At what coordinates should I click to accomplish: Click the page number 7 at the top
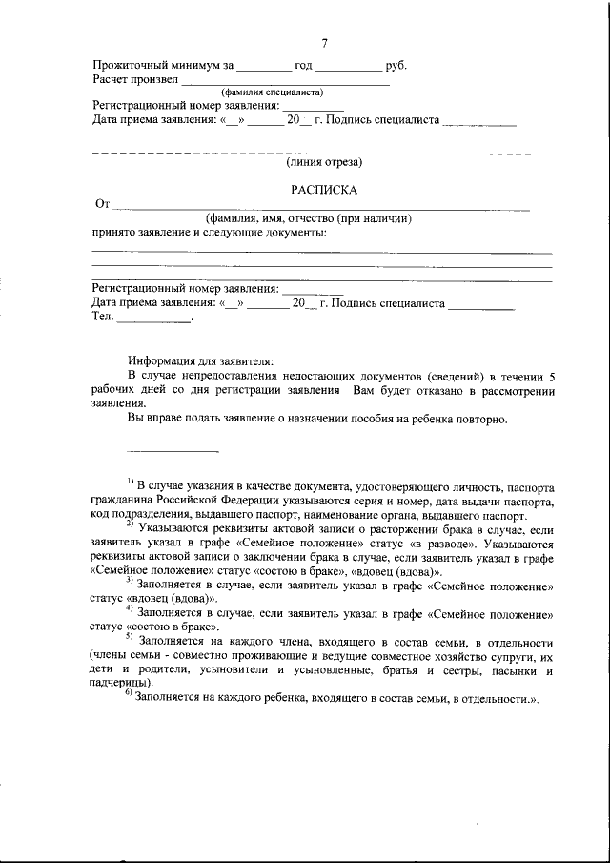tap(324, 44)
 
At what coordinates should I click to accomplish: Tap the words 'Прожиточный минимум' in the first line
tap(156, 66)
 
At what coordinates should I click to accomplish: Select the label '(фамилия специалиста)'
tap(272, 92)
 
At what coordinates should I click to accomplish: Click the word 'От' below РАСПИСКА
tap(104, 204)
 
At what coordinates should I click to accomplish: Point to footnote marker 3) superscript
tap(130, 579)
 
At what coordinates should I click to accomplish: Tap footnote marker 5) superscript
tap(130, 637)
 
